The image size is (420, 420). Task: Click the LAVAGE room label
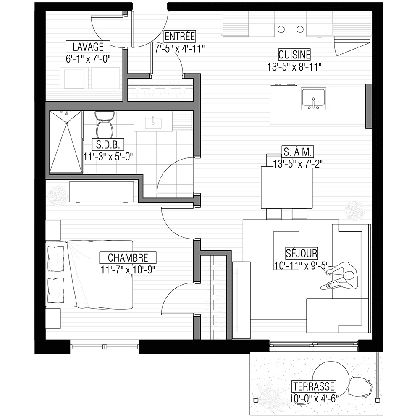pos(88,47)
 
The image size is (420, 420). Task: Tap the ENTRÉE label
pos(180,36)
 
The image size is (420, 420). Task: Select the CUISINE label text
pos(294,55)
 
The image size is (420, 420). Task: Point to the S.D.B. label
pos(108,144)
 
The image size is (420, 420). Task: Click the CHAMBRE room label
pos(128,258)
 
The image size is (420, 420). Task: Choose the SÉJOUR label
pos(301,253)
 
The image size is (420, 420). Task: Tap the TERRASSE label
pos(314,386)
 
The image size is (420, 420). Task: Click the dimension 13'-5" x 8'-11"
pos(294,67)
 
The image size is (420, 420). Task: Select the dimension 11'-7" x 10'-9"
pos(128,270)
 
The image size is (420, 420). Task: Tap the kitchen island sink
pos(313,99)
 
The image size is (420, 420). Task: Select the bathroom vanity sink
pos(153,123)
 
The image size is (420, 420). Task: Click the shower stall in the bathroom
pos(66,142)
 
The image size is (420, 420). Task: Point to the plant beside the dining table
pos(354,210)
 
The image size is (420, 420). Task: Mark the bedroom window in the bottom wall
pos(105,347)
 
